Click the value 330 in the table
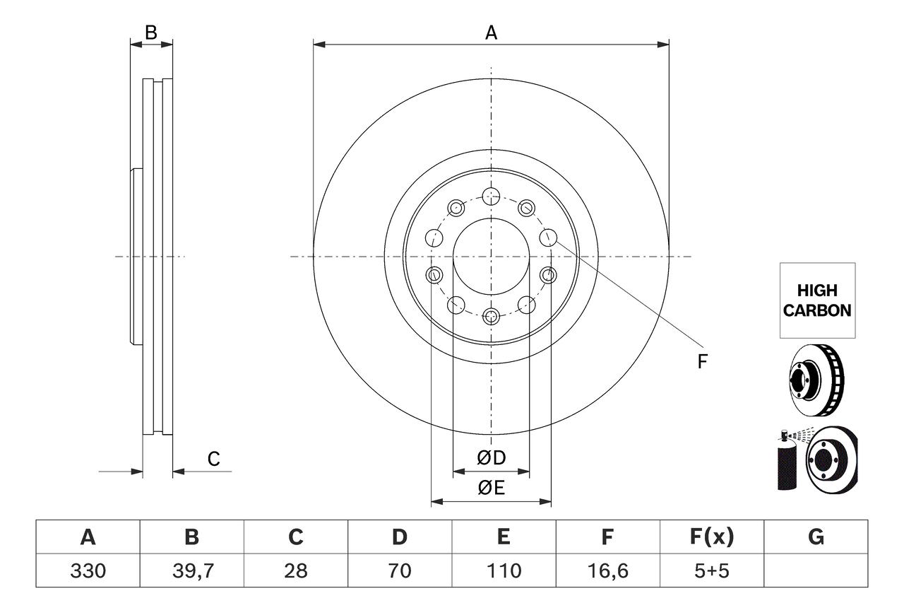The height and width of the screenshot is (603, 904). pyautogui.click(x=88, y=570)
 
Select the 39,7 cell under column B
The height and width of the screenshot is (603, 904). pyautogui.click(x=191, y=570)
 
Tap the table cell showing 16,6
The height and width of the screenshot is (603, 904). pyautogui.click(x=607, y=570)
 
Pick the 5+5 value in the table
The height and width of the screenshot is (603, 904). pyautogui.click(x=711, y=570)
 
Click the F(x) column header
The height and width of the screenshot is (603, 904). pyautogui.click(x=711, y=537)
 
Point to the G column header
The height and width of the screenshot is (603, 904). pyautogui.click(x=816, y=537)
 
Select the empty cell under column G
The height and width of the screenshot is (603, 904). pyautogui.click(x=816, y=570)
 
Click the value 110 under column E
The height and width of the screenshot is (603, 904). pyautogui.click(x=503, y=570)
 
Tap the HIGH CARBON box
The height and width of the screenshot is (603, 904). pyautogui.click(x=817, y=300)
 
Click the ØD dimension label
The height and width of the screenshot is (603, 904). pyautogui.click(x=492, y=458)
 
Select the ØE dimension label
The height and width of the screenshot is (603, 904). pyautogui.click(x=492, y=488)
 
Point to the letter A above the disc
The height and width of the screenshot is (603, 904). pyautogui.click(x=491, y=32)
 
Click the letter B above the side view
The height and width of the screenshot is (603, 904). pyautogui.click(x=150, y=32)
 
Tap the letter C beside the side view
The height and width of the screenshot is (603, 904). pyautogui.click(x=213, y=459)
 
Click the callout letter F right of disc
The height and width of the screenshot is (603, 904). pyautogui.click(x=702, y=362)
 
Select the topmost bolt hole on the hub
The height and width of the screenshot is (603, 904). pyautogui.click(x=491, y=196)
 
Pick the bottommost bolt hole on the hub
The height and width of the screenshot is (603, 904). pyautogui.click(x=491, y=316)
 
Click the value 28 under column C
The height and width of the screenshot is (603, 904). pyautogui.click(x=295, y=570)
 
